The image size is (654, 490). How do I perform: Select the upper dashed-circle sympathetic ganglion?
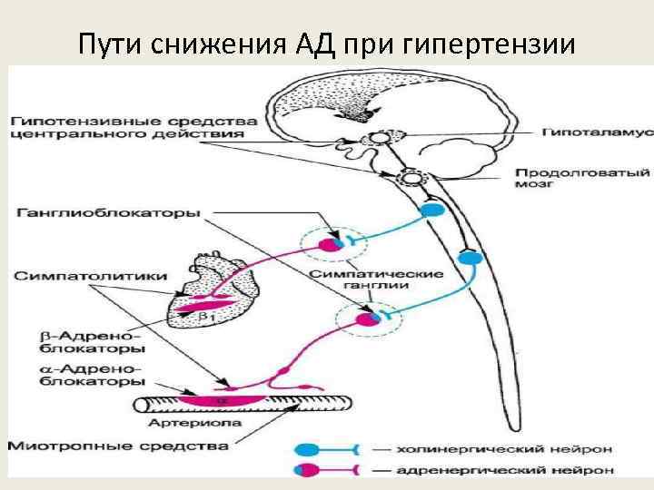point(333,242)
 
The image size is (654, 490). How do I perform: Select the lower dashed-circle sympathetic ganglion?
point(364,318)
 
